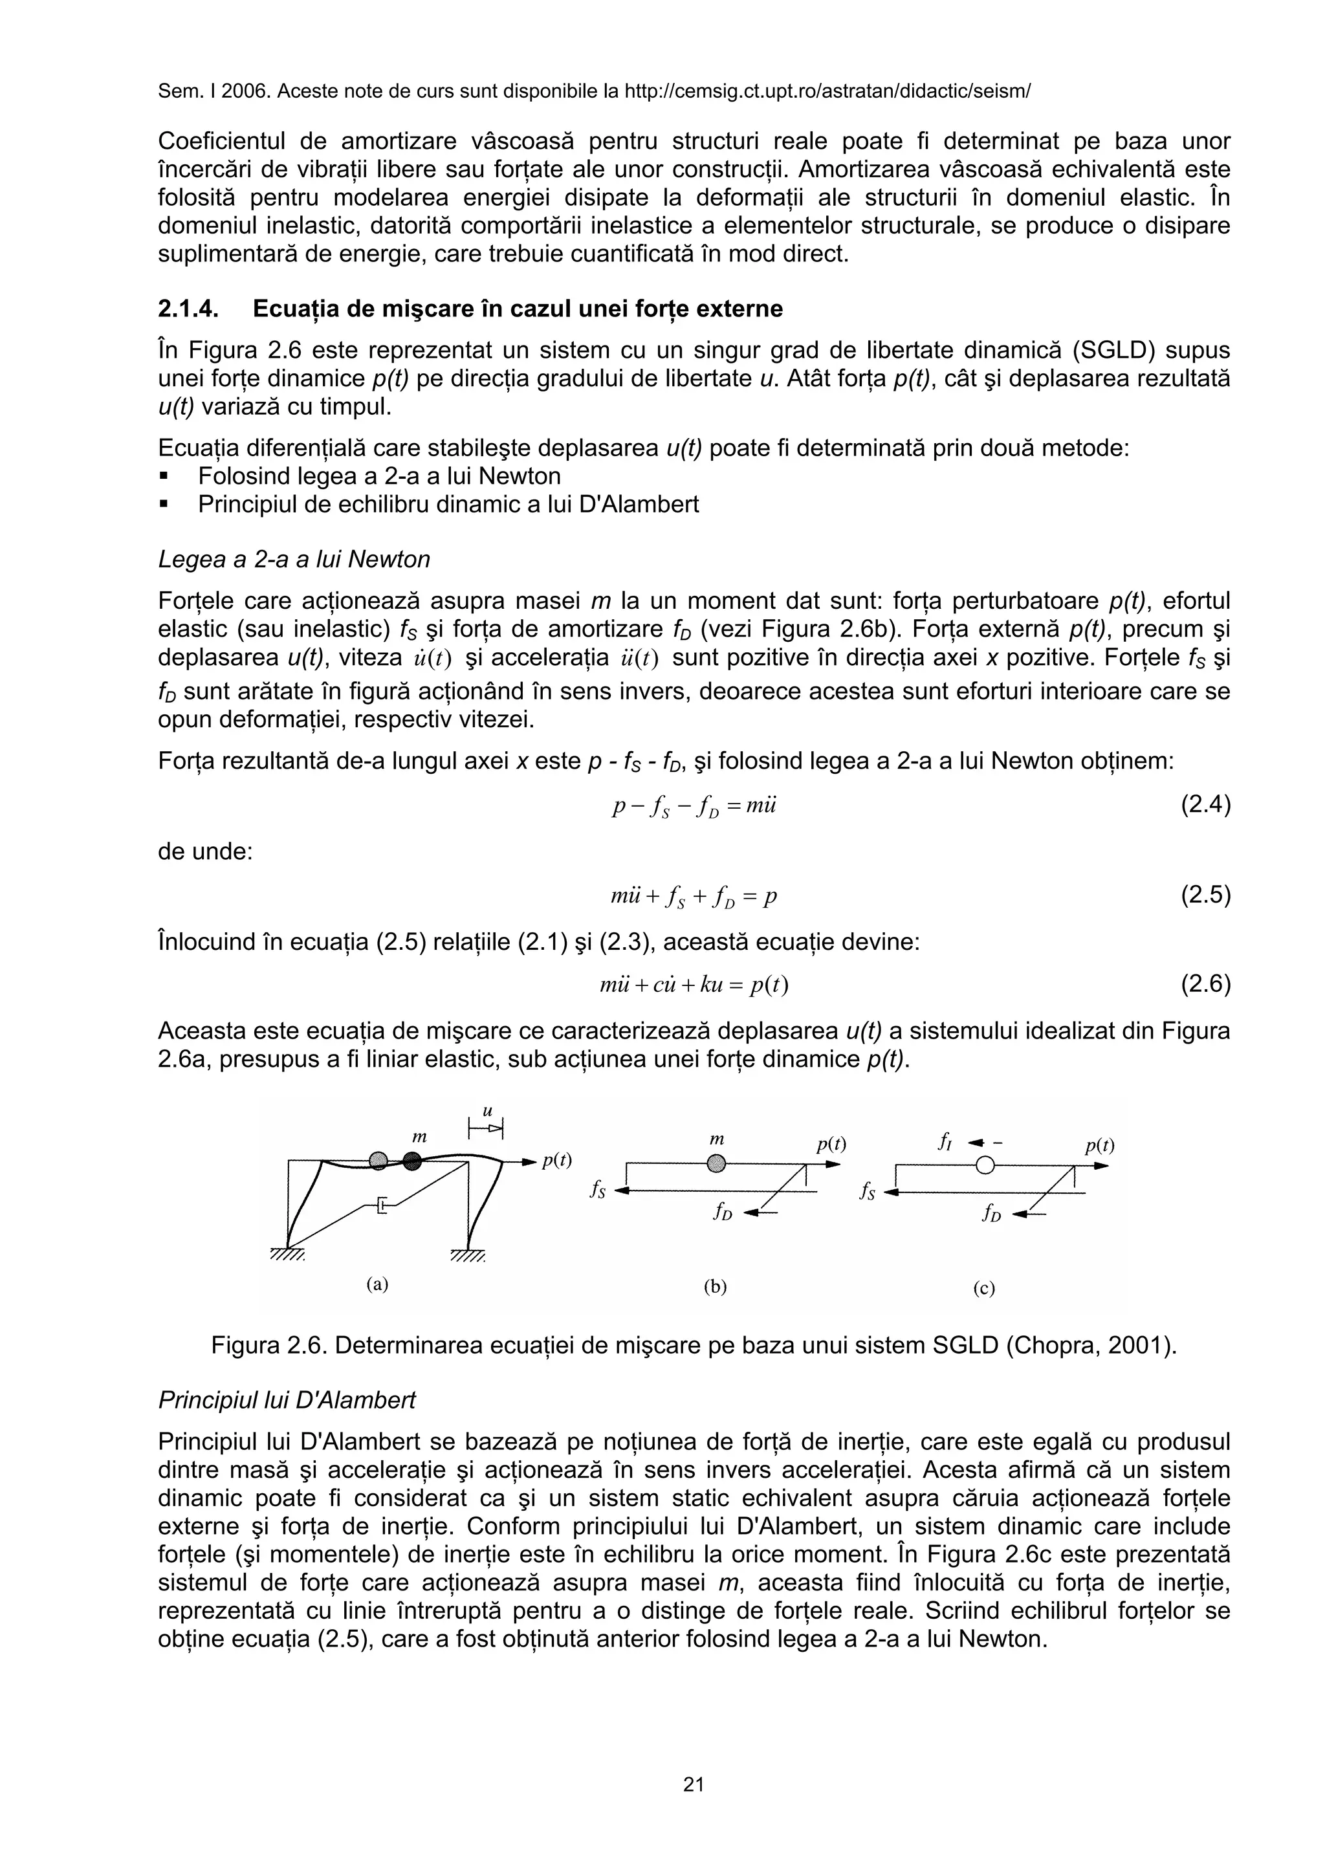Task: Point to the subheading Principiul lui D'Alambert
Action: click(287, 1401)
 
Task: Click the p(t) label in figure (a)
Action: click(557, 1161)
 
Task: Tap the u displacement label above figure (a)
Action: click(487, 1112)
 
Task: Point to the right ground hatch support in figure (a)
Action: click(468, 1257)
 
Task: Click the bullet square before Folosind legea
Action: click(164, 476)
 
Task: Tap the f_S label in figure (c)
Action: click(867, 1193)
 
